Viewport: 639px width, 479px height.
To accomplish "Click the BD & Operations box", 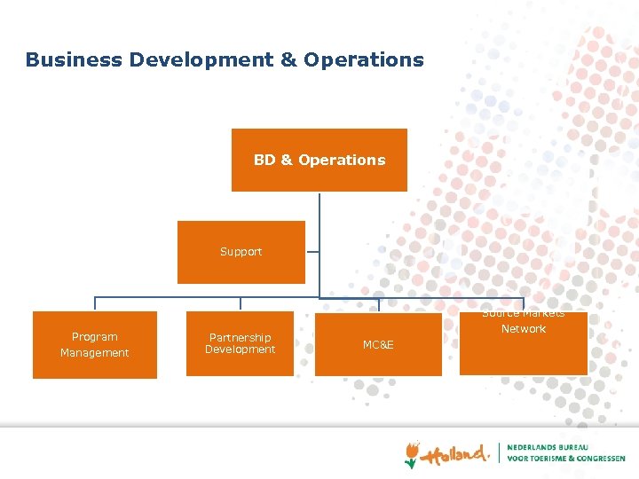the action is [319, 160].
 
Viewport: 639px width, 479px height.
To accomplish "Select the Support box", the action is [241, 252].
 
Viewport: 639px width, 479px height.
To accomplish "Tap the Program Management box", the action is [95, 345].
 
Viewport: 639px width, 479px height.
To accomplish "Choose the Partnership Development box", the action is [240, 344].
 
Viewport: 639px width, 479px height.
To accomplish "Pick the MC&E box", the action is [378, 345].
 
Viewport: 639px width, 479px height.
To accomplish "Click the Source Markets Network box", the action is [524, 343].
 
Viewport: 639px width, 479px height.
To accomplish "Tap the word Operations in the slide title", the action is [364, 60].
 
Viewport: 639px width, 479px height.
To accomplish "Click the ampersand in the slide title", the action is [288, 60].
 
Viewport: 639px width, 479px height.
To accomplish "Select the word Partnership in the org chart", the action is [240, 338].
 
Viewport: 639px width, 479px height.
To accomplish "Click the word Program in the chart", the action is [95, 337].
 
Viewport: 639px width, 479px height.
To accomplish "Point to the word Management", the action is [95, 353].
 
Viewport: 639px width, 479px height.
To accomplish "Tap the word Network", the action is [524, 329].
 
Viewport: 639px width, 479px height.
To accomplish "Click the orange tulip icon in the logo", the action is [412, 454].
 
